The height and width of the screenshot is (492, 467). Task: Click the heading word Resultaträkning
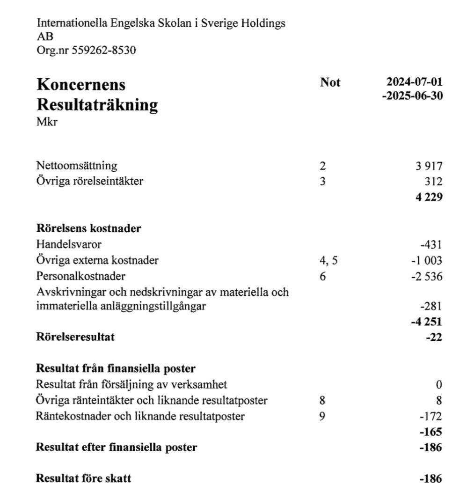pyautogui.click(x=97, y=104)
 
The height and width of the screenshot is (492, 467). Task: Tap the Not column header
pyautogui.click(x=330, y=83)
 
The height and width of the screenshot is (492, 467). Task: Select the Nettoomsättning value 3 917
pyautogui.click(x=428, y=166)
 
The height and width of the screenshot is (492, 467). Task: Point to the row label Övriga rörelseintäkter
pyautogui.click(x=90, y=181)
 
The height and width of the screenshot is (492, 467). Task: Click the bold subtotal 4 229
pyautogui.click(x=428, y=197)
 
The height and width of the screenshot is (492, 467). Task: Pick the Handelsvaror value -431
pyautogui.click(x=431, y=244)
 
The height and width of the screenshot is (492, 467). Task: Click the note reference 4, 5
pyautogui.click(x=328, y=260)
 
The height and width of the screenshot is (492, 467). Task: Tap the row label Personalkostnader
pyautogui.click(x=81, y=276)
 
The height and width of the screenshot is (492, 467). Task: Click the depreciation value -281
pyautogui.click(x=431, y=307)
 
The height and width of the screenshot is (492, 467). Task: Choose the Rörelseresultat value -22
pyautogui.click(x=434, y=338)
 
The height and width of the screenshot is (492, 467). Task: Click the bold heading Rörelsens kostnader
pyautogui.click(x=89, y=229)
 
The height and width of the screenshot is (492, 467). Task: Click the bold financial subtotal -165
pyautogui.click(x=431, y=432)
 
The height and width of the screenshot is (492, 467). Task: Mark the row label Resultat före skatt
pyautogui.click(x=84, y=479)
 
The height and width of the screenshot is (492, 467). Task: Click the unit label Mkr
pyautogui.click(x=46, y=123)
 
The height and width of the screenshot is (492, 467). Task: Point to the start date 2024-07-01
pyautogui.click(x=415, y=82)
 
